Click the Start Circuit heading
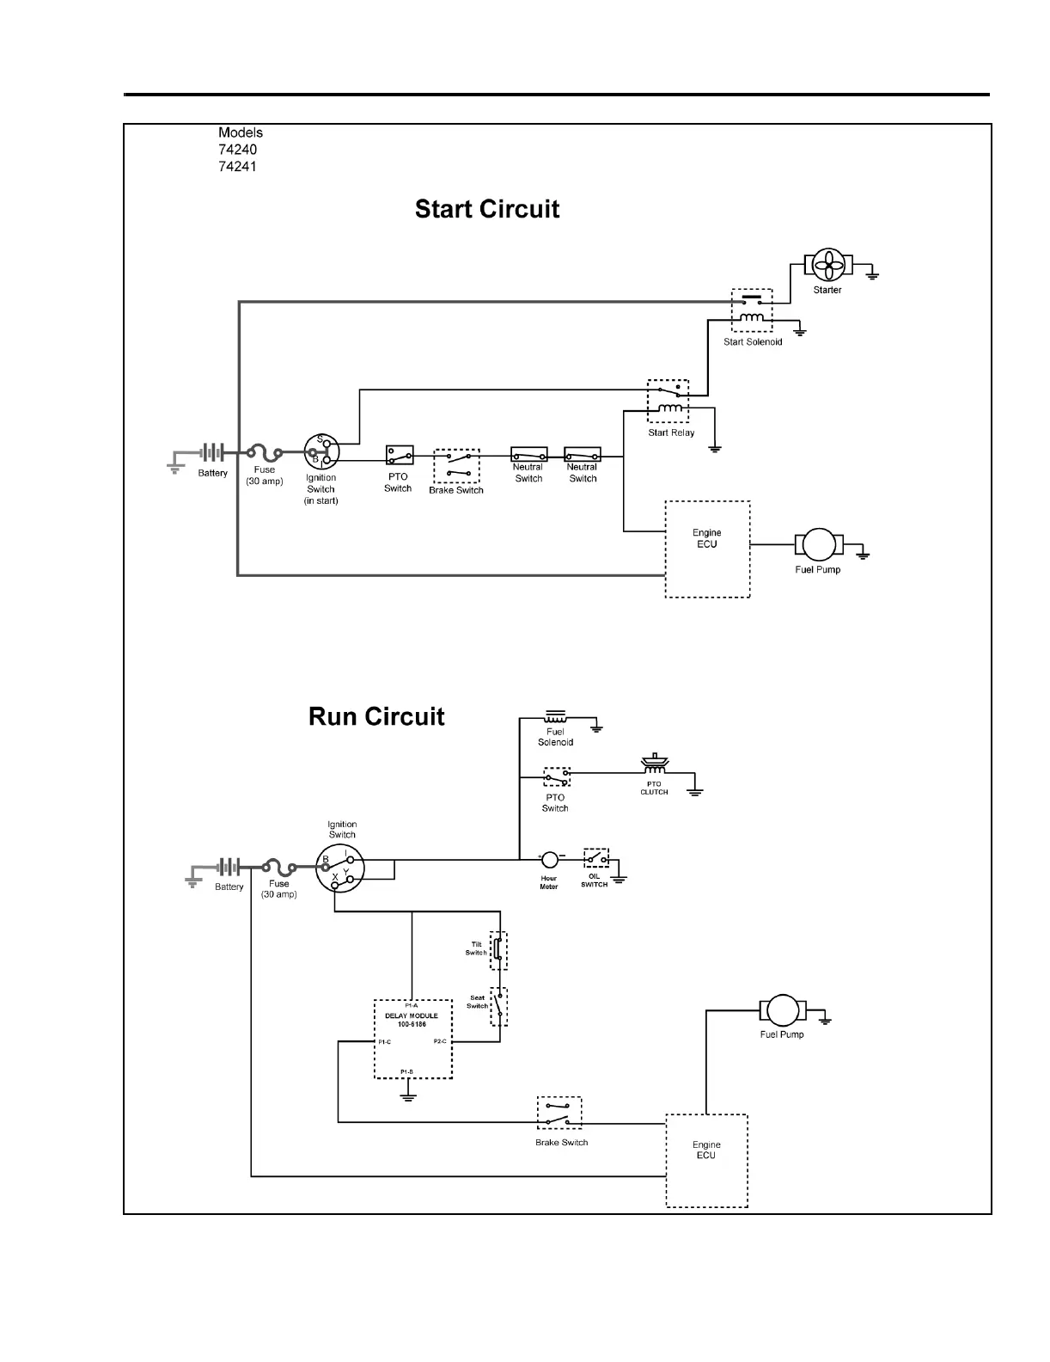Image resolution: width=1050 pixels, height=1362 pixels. coord(487,210)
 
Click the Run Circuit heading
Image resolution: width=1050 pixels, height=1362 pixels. coord(376,717)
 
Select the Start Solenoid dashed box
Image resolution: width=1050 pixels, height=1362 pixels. coord(752,310)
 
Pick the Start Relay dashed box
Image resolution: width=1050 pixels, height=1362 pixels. coord(668,402)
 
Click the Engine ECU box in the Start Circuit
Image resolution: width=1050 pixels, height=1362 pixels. coord(707,549)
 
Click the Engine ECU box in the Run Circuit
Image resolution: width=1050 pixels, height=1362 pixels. coord(706,1161)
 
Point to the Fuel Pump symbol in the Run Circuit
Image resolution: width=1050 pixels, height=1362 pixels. coord(783,1009)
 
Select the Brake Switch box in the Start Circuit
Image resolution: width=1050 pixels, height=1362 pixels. coord(456,466)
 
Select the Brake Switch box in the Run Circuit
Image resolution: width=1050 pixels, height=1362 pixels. coord(559,1113)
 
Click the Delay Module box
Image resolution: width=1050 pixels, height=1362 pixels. coord(413,1039)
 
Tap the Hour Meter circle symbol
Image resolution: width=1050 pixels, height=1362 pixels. coord(550,859)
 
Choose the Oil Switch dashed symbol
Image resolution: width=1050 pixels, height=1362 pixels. coord(595,858)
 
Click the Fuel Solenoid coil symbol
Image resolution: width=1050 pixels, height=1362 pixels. coord(555,716)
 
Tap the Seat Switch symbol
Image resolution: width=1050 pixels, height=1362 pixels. coord(498,1006)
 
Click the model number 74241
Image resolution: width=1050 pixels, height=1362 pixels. coord(237,166)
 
